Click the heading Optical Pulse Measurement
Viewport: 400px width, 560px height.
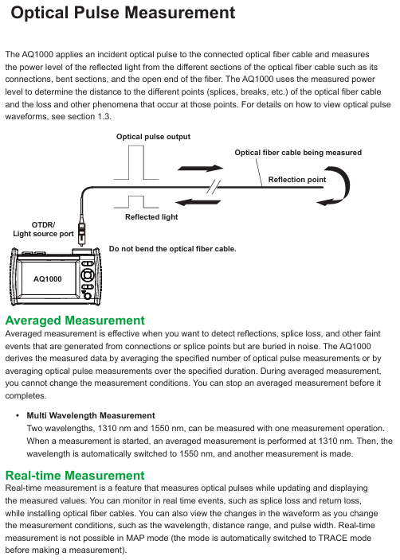123,13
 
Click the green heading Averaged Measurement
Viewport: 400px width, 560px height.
75,321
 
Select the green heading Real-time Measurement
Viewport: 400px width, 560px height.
75,476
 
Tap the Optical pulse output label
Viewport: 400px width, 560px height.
153,137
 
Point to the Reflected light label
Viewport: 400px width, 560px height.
151,217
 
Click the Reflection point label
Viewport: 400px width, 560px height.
297,179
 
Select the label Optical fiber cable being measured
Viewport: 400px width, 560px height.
298,153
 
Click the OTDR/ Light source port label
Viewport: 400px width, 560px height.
43,229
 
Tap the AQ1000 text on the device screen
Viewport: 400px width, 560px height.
47,279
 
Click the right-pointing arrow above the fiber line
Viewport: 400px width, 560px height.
200,168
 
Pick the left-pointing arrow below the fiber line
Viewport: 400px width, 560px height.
198,203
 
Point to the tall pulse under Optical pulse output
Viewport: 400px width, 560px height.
136,162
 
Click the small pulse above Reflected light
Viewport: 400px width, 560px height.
136,202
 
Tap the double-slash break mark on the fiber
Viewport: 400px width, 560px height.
214,187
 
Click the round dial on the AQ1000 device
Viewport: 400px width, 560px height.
88,275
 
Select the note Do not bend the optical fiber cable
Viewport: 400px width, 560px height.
172,249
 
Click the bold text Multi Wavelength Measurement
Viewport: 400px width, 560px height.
91,415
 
